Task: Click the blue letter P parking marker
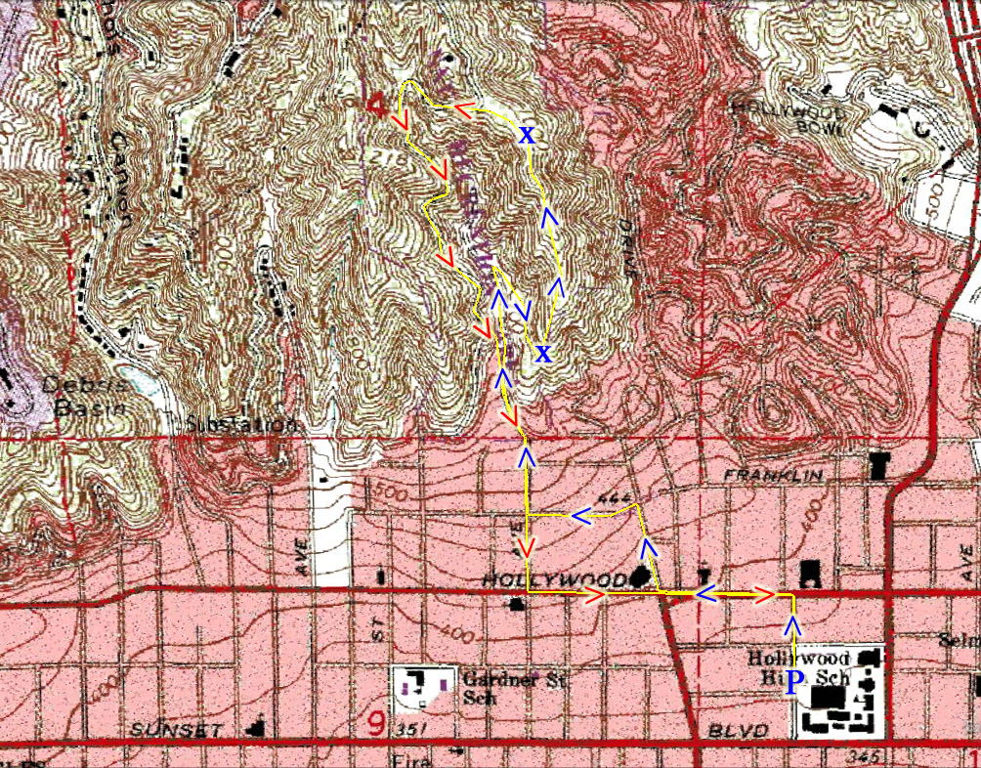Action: point(794,682)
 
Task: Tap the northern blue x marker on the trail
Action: point(527,135)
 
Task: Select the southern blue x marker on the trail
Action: point(544,352)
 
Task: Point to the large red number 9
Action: point(377,724)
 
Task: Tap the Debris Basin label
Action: point(82,397)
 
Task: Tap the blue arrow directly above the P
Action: point(794,625)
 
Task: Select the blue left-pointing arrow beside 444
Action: point(581,515)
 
